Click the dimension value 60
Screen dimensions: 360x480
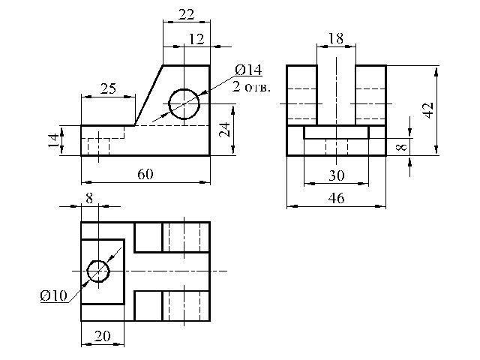[x=145, y=174]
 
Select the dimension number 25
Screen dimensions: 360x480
[x=107, y=88]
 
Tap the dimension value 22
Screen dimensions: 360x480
[x=186, y=14]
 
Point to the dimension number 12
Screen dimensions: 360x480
[x=196, y=39]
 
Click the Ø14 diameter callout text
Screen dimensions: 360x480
[x=248, y=70]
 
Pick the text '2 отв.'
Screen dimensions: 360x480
[x=251, y=86]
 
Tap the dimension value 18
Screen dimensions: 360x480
[x=335, y=37]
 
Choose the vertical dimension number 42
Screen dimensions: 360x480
[x=428, y=110]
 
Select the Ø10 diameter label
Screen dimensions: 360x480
[x=54, y=295]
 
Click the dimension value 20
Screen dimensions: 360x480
[x=102, y=337]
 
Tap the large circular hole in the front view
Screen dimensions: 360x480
[x=184, y=103]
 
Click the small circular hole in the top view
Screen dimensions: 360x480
[x=98, y=270]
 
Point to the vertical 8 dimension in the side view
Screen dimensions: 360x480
[x=402, y=147]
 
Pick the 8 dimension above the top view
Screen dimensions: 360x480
[x=91, y=199]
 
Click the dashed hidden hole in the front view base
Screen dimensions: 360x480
[x=98, y=145]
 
